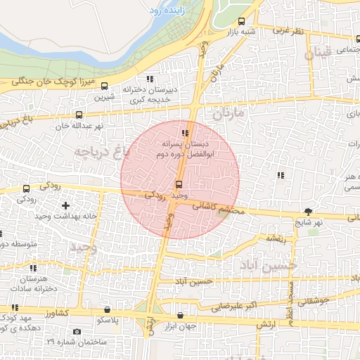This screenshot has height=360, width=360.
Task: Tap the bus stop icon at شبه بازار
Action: click(x=242, y=21)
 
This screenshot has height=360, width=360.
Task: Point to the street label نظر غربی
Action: click(x=288, y=31)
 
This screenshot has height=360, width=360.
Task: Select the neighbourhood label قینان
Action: click(x=316, y=53)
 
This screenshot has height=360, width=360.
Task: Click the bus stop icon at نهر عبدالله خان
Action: click(x=78, y=115)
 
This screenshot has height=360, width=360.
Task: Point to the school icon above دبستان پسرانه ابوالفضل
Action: click(x=185, y=132)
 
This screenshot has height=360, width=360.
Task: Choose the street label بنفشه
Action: click(x=274, y=238)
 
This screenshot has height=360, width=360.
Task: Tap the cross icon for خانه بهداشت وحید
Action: click(x=66, y=205)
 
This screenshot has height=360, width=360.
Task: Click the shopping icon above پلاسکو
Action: click(x=107, y=309)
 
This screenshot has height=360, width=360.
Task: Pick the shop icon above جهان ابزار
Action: click(x=181, y=316)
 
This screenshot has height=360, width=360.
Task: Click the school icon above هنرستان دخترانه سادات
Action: click(x=32, y=268)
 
